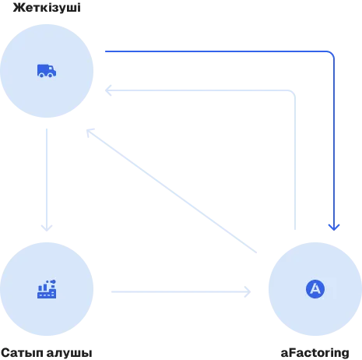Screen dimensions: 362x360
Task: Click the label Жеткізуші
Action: tap(47, 8)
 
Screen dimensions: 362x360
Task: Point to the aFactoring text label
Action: tap(315, 352)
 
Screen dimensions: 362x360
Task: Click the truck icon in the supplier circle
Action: tap(47, 71)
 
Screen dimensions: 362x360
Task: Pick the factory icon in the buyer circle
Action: tap(47, 289)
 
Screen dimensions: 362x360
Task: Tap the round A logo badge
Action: tap(315, 289)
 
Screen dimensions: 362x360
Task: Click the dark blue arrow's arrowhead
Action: tap(334, 227)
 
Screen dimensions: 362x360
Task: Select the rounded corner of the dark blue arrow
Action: tap(331, 54)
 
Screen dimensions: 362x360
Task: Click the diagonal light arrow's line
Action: tap(171, 191)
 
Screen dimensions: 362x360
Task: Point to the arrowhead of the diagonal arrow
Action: tap(90, 132)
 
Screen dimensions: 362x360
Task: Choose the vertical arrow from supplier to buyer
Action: tap(47, 180)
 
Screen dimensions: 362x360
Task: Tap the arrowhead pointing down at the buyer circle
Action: tap(47, 228)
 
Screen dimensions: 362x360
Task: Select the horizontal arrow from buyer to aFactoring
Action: tap(181, 291)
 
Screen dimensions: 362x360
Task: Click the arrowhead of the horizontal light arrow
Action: tap(248, 291)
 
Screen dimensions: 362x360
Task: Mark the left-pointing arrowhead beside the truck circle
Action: tap(108, 90)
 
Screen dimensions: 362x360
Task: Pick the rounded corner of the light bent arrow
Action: tap(292, 93)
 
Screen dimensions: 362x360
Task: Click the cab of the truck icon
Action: tap(52, 70)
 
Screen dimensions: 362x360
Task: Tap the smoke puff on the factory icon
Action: tap(53, 281)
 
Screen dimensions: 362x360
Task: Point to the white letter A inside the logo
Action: tap(315, 288)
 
